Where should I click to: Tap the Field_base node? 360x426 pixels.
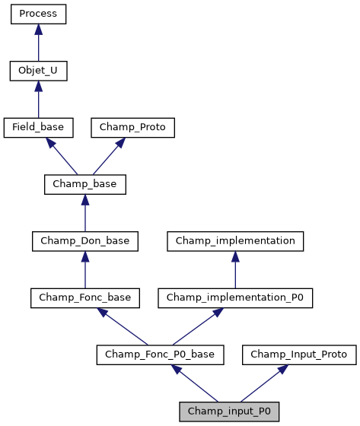pos(38,128)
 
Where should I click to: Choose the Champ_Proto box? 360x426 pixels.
pos(133,128)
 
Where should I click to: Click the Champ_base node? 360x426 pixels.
pos(84,184)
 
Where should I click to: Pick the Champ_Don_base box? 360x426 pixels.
pos(84,241)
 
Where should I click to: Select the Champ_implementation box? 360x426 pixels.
pos(235,241)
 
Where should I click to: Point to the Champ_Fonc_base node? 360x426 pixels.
pos(84,297)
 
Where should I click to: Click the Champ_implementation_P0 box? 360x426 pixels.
pos(235,297)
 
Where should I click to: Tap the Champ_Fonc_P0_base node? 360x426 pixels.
pos(160,354)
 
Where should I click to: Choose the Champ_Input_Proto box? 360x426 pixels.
pos(298,354)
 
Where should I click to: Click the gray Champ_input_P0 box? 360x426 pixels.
pos(228,411)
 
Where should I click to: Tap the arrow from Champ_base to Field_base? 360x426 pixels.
pos(61,156)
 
